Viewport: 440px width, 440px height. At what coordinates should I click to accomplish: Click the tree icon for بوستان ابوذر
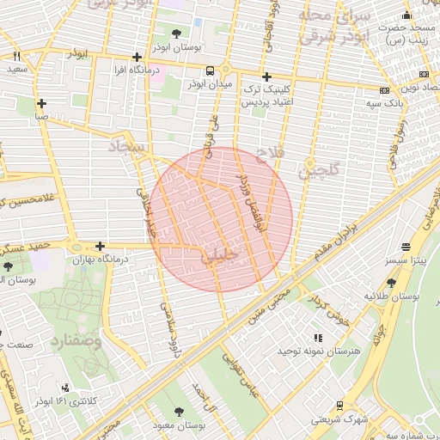pos(176,34)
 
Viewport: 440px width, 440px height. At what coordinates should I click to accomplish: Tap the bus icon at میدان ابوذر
pos(211,70)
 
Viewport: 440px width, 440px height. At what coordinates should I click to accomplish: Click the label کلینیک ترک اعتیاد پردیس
pos(270,95)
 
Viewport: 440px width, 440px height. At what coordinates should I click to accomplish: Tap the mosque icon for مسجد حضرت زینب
pos(406,16)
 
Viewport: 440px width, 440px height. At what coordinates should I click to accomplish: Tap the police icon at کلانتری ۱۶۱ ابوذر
pos(66,388)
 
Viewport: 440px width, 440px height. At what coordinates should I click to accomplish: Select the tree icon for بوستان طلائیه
pos(391,282)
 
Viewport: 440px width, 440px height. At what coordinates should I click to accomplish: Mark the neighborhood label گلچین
pos(319,170)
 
